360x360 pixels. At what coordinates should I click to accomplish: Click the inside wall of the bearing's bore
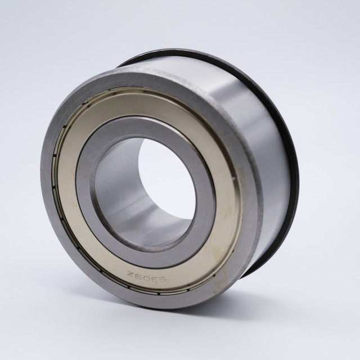(x=129, y=191)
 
